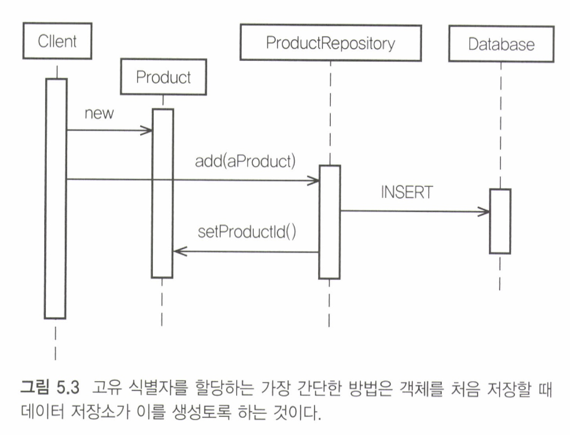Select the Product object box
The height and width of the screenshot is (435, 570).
click(163, 77)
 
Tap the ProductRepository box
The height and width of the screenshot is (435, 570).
click(330, 43)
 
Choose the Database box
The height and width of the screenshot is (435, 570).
click(501, 45)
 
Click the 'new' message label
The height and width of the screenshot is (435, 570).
click(98, 114)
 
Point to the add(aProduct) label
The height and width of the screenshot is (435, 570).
click(245, 161)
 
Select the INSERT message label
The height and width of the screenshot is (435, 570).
click(406, 192)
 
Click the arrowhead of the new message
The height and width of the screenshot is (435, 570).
click(148, 130)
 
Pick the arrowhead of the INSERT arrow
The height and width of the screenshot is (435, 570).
click(485, 212)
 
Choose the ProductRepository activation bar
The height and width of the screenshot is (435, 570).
click(330, 222)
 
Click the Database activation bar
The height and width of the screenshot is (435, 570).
click(500, 221)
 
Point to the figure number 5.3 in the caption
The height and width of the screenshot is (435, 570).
click(67, 389)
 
